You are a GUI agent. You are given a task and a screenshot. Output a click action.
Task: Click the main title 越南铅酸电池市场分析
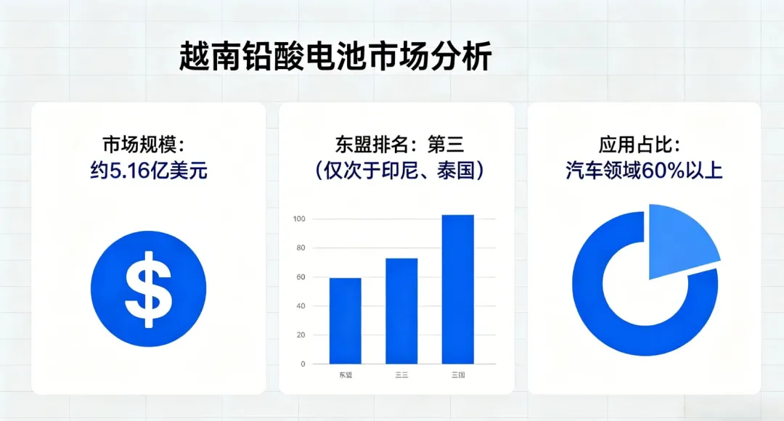335,57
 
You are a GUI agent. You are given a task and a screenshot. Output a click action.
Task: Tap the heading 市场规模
148,143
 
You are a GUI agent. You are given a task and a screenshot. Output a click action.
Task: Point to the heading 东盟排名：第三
397,143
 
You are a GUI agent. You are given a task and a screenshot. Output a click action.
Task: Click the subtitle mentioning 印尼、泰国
397,171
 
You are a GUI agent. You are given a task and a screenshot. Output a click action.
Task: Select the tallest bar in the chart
458,289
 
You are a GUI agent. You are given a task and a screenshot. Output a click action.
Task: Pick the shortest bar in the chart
345,320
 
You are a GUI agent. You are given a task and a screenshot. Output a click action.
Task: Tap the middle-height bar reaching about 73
401,311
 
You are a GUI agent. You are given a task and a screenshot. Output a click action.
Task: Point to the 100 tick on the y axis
298,219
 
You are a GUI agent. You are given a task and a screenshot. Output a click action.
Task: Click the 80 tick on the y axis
300,248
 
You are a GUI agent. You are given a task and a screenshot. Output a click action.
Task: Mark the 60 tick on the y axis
300,277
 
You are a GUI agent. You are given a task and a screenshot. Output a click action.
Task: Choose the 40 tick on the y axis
300,306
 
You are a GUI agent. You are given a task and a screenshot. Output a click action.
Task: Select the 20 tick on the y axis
300,335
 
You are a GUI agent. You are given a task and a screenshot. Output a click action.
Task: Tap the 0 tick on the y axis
302,364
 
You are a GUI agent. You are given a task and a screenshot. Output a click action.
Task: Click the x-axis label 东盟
345,375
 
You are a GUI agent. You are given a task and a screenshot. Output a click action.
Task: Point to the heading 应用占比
644,143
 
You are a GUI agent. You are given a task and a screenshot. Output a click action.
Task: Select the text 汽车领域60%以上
644,171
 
